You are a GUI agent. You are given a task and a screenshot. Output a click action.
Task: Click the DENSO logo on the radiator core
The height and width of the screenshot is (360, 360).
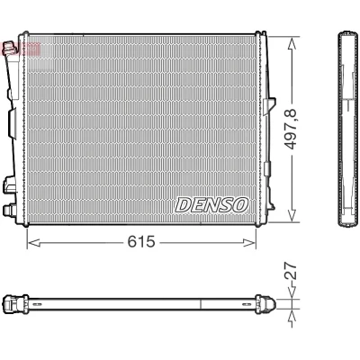point(211,205)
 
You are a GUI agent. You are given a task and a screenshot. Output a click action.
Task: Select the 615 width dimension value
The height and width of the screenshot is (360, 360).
point(141,241)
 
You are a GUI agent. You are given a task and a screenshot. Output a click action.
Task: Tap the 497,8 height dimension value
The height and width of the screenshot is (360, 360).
point(290,129)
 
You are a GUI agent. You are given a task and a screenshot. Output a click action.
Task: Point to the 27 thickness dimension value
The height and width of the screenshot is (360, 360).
point(290,271)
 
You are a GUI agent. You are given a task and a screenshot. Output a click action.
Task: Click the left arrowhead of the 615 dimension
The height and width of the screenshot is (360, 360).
point(33,243)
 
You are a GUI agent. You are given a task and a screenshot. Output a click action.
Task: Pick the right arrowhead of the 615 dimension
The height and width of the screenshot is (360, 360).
point(249,243)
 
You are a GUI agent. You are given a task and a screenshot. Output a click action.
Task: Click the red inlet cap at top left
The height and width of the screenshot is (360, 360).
point(8,49)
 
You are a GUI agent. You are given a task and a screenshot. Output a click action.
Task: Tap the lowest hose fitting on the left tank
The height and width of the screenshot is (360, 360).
point(10,210)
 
